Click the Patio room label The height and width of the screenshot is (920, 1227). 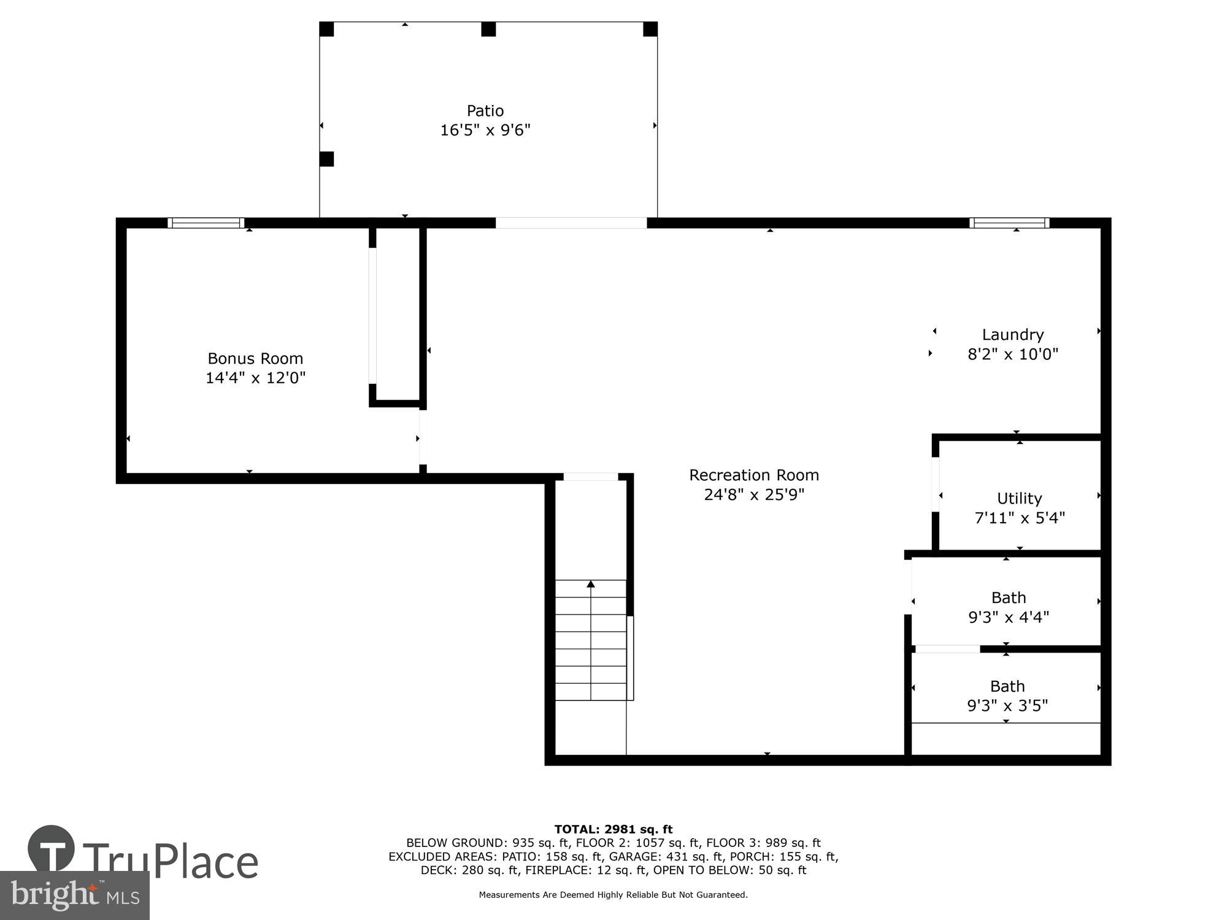(485, 111)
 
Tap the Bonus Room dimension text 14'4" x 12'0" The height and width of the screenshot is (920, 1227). (255, 378)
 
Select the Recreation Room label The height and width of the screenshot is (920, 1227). (753, 475)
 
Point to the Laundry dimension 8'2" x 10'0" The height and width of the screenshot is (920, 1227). (1013, 355)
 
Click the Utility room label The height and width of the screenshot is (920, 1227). (1019, 499)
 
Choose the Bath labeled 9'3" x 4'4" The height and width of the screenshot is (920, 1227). (1009, 607)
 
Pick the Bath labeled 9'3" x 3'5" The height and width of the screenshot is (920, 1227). (1007, 696)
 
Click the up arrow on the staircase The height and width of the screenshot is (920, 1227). (591, 585)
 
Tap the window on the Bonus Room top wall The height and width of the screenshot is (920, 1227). (206, 223)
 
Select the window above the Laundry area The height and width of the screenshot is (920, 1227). (1009, 223)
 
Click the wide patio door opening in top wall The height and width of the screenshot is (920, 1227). (571, 223)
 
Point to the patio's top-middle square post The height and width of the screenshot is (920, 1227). (488, 29)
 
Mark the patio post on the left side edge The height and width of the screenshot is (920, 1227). (326, 159)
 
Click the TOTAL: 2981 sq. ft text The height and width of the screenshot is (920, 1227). (613, 829)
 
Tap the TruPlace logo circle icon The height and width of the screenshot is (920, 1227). (52, 848)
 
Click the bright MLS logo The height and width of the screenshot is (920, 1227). (74, 895)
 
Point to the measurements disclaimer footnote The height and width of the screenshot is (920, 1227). (613, 895)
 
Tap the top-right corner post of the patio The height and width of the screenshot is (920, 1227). (650, 29)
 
